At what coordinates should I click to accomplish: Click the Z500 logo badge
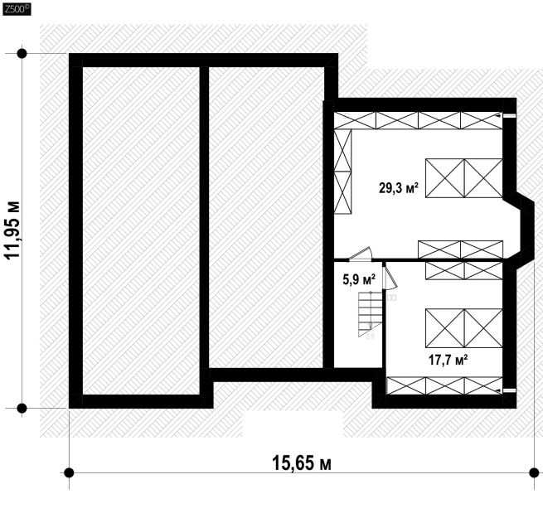17,9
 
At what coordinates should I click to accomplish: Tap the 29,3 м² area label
399,188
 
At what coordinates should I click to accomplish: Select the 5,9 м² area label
359,279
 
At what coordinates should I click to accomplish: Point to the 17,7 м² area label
448,360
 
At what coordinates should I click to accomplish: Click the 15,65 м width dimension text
302,463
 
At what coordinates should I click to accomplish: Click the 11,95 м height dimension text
12,230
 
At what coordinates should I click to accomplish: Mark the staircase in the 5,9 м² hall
371,314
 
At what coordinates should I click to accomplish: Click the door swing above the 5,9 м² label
360,254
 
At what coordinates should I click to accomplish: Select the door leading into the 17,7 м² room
390,276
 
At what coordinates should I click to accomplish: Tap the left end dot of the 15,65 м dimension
69,472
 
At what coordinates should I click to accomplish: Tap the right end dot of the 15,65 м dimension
534,472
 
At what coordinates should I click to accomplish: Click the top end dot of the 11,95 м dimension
22,54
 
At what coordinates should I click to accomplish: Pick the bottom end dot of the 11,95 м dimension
22,409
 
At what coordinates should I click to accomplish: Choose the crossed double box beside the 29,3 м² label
463,178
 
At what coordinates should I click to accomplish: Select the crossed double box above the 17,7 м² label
463,327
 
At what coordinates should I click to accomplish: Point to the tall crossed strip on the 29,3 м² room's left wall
342,172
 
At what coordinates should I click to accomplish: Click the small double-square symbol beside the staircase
391,298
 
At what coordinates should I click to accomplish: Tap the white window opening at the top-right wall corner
509,116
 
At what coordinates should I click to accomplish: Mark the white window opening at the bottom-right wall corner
509,390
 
